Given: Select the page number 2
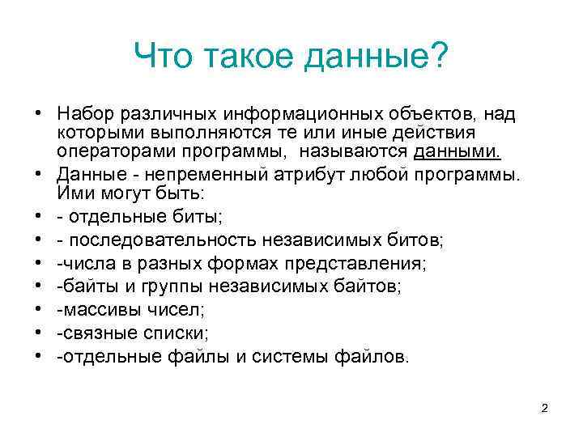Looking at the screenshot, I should coord(545,408).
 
